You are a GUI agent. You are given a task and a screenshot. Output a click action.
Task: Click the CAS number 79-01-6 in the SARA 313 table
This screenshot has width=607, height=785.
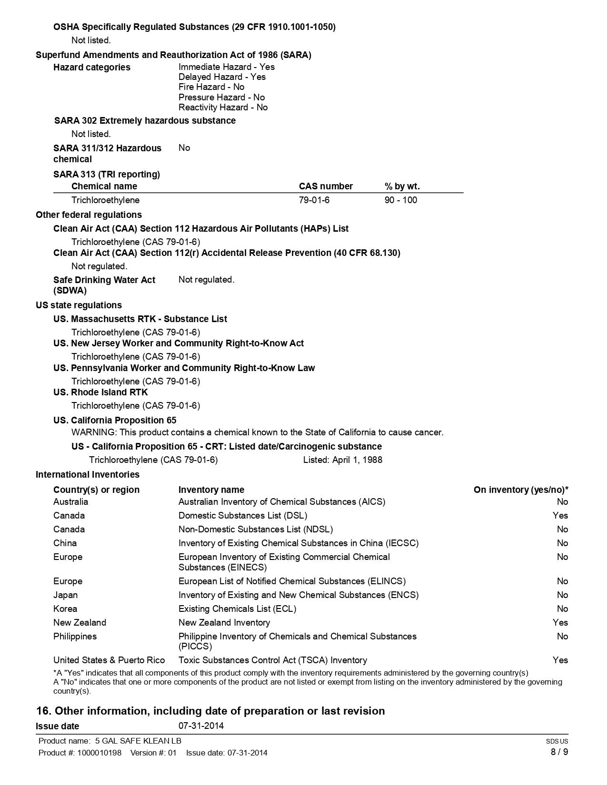[314, 200]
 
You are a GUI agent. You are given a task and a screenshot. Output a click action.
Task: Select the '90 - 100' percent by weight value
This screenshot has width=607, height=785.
[400, 200]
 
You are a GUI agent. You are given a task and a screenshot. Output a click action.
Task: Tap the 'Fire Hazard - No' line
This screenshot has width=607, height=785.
[211, 87]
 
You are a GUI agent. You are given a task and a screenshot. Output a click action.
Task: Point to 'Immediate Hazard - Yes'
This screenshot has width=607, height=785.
[226, 67]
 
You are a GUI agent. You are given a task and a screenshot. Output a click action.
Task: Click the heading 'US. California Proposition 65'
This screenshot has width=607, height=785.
[115, 420]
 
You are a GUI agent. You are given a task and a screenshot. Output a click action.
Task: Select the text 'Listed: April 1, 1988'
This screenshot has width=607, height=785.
[342, 460]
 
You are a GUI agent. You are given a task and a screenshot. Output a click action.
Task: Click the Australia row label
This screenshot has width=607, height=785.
[70, 501]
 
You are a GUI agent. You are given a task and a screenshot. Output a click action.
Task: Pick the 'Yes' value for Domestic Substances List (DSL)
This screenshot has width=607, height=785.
[560, 515]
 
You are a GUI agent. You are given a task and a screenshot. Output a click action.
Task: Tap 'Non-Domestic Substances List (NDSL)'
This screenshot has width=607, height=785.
[256, 529]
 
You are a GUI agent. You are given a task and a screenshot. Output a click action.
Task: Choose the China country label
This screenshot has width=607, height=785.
[65, 543]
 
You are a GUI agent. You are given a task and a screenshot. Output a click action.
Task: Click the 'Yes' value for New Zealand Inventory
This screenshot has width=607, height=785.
[560, 622]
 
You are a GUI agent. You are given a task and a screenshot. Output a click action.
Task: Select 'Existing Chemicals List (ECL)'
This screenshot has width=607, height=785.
[237, 608]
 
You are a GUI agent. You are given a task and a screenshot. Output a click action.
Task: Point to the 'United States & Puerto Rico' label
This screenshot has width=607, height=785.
[109, 660]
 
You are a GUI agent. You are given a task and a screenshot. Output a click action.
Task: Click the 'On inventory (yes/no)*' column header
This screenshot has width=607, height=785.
[520, 490]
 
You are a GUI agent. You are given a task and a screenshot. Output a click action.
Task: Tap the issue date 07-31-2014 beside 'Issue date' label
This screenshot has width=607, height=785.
[201, 726]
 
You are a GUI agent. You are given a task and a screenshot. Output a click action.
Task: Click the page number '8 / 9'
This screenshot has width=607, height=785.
[559, 752]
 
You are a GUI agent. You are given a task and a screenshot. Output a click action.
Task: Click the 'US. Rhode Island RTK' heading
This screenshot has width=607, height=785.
[100, 392]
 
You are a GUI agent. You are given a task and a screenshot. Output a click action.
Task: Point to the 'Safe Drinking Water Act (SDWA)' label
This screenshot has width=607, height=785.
[104, 285]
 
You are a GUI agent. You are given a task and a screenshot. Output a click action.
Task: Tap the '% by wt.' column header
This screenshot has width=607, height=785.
[402, 186]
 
